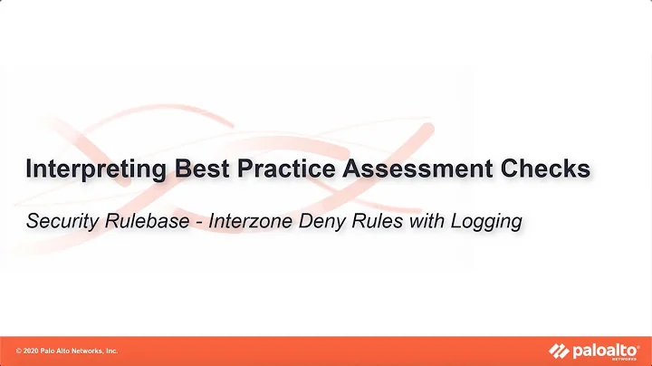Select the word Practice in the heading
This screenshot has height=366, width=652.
point(269,169)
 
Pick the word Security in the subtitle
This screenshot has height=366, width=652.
point(62,220)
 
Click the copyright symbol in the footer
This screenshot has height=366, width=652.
point(19,351)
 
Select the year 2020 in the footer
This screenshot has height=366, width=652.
point(32,351)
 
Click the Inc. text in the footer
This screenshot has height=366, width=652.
point(112,351)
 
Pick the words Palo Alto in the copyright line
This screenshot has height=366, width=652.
point(56,351)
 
